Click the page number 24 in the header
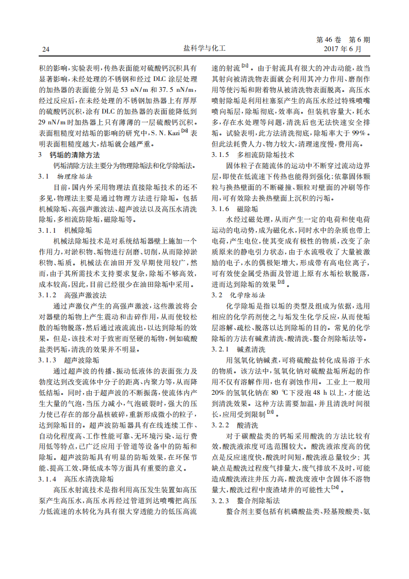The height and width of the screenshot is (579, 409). (x=45, y=50)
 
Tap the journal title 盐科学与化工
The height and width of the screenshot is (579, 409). (x=205, y=49)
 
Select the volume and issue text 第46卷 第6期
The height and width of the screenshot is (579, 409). (x=342, y=40)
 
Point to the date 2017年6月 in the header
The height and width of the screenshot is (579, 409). (x=342, y=49)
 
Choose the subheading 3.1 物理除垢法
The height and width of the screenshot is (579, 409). (x=66, y=176)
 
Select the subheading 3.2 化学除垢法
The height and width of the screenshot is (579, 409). (x=239, y=295)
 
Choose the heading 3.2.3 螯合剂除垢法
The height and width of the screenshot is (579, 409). (x=246, y=501)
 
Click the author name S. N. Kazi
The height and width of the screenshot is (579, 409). (x=172, y=133)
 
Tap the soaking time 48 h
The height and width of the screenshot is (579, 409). (x=309, y=392)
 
